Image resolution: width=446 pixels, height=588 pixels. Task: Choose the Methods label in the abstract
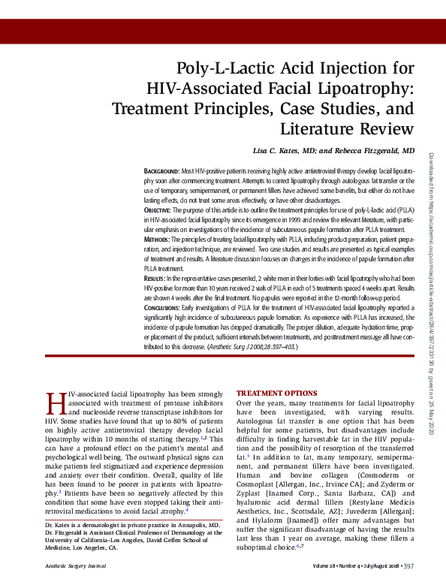point(156,239)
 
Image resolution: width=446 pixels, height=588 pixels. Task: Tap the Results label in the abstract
point(155,277)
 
